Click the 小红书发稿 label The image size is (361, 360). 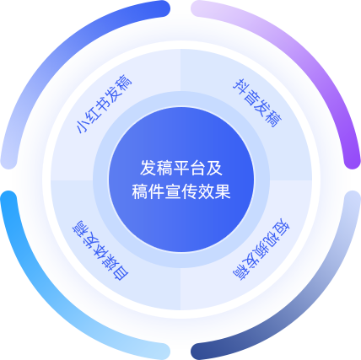point(104,104)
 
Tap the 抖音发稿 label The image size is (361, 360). point(257,104)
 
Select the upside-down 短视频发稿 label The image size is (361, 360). point(261,249)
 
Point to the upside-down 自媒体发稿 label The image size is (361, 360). point(100,250)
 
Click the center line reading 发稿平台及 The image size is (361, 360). point(181,168)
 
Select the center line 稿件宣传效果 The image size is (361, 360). point(181,191)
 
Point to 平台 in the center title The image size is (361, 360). point(181,168)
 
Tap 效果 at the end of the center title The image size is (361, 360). point(214,191)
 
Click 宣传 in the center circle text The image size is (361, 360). point(181,191)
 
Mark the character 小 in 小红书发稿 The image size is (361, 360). point(83,126)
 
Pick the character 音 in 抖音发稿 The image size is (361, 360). point(251,97)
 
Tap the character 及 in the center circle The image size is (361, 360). point(214,168)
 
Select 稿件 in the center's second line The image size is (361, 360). point(148,191)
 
